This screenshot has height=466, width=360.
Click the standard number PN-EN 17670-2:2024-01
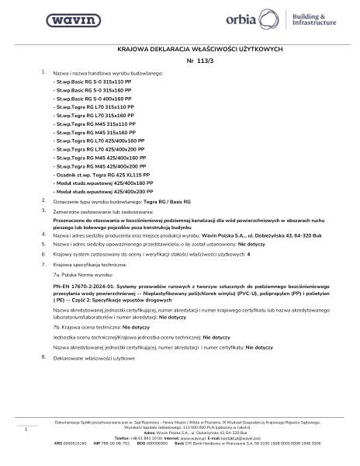[x=88, y=285]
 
